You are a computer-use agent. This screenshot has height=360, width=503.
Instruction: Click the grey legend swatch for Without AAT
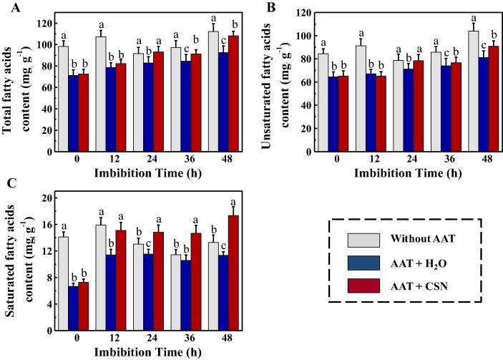pyautogui.click(x=363, y=240)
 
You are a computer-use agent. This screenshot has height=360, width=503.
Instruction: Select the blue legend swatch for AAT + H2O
pyautogui.click(x=363, y=263)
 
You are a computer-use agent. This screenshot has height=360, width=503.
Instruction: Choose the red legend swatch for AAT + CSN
pyautogui.click(x=363, y=286)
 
